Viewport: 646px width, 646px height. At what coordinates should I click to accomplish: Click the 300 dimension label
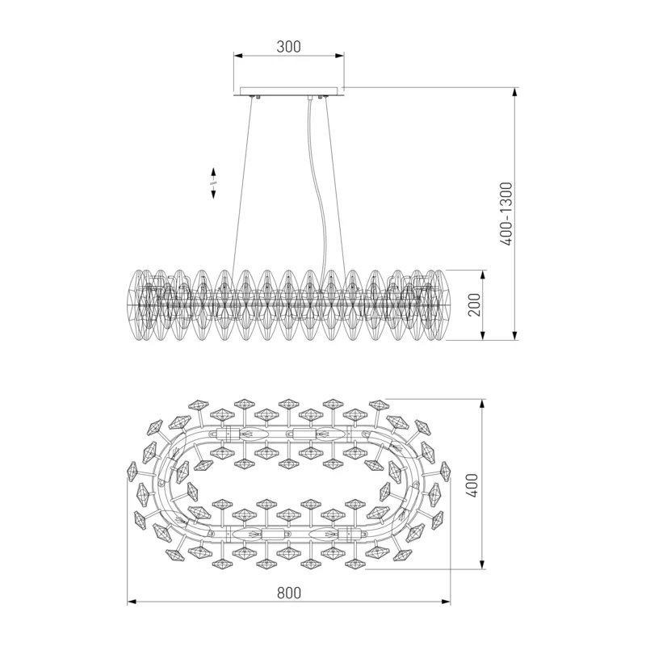coord(288,47)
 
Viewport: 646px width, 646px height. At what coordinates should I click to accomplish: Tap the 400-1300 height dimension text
coord(506,214)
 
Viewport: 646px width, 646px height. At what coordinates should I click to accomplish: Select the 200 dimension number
coord(475,305)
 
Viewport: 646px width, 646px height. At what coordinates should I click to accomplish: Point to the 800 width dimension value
coord(289,593)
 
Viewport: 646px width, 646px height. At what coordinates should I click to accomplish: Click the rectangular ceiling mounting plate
coord(289,91)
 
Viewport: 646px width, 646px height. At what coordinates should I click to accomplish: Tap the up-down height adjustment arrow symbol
coord(213,183)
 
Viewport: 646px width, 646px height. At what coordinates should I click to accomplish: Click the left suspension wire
coord(243,186)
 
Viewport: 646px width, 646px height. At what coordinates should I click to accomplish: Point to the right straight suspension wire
coord(336,186)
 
